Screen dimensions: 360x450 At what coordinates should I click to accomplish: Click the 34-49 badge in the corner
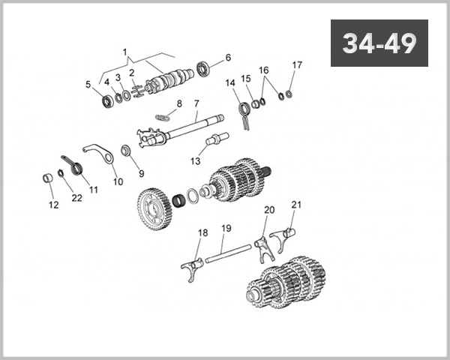tap(379, 43)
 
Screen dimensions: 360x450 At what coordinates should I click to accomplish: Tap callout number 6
tap(228, 58)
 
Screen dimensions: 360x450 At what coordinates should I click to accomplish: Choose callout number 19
tap(226, 228)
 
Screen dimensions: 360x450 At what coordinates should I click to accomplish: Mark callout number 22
tap(76, 198)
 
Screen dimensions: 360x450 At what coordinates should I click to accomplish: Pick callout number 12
tap(52, 204)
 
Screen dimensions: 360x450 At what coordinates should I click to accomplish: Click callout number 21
tap(295, 204)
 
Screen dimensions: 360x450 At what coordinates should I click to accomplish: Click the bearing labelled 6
tap(205, 71)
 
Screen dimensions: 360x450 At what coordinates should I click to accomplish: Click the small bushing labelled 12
tap(46, 180)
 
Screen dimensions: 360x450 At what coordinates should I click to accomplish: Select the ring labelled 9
tap(126, 152)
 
